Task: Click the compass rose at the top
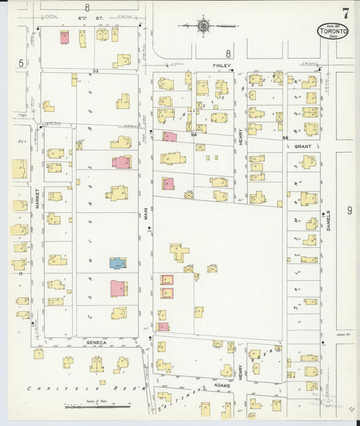tap(203, 26)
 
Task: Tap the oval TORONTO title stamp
tap(333, 31)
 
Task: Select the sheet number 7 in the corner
tap(345, 13)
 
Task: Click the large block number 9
tap(349, 211)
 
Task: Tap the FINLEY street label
tap(222, 65)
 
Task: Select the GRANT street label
tap(302, 146)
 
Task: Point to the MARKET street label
tap(36, 197)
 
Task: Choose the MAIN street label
tap(145, 216)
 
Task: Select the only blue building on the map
tap(118, 263)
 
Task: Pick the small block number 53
tap(96, 70)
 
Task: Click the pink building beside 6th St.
tap(64, 37)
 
